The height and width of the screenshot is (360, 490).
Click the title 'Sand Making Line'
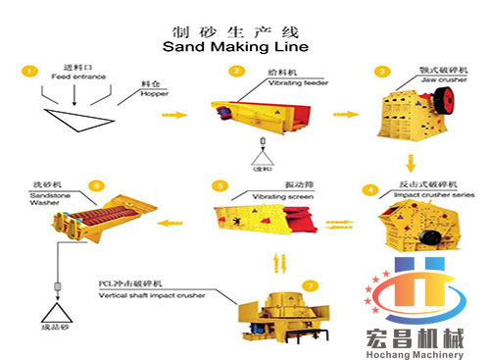pyautogui.click(x=234, y=45)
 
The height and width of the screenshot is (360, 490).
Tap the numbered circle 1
pyautogui.click(x=30, y=71)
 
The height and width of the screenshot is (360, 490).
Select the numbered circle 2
pyautogui.click(x=236, y=71)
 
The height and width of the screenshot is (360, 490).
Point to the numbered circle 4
pyautogui.click(x=368, y=188)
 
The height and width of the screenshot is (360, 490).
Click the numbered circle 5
pyautogui.click(x=221, y=184)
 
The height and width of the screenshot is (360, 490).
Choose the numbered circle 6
pyautogui.click(x=95, y=184)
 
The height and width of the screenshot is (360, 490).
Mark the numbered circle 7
pyautogui.click(x=311, y=285)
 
